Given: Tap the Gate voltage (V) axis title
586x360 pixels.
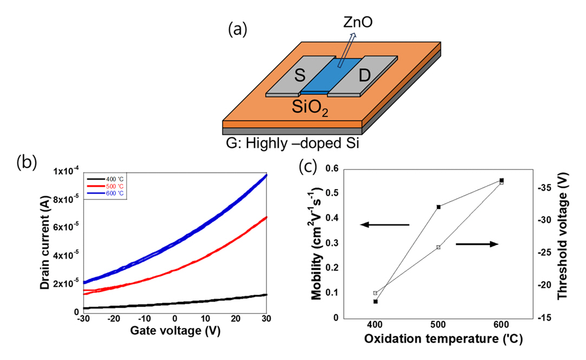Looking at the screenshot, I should pyautogui.click(x=174, y=330).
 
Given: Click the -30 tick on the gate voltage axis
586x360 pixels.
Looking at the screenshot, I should pyautogui.click(x=82, y=319).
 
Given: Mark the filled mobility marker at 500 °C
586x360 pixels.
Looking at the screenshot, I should pyautogui.click(x=438, y=207).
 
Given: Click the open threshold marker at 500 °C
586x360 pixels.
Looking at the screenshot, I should pyautogui.click(x=438, y=247).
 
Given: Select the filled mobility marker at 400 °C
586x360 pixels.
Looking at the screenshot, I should pyautogui.click(x=375, y=301).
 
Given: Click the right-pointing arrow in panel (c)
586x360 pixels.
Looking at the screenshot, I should pyautogui.click(x=477, y=245).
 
